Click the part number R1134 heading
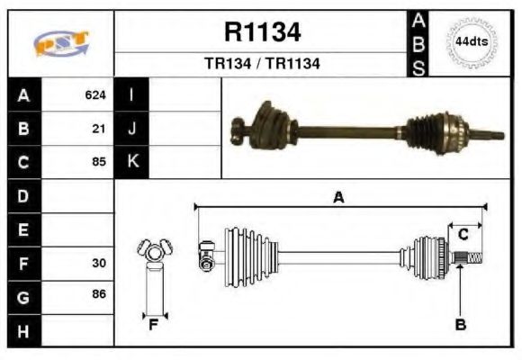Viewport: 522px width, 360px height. tap(262, 33)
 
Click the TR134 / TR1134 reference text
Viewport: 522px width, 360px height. tap(262, 64)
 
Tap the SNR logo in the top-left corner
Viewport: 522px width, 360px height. tap(61, 43)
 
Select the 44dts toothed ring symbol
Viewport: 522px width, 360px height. tap(472, 42)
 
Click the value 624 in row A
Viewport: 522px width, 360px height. tap(94, 94)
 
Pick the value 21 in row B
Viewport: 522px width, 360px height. tap(100, 129)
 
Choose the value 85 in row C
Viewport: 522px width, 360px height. tap(99, 163)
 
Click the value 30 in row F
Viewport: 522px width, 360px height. tap(99, 264)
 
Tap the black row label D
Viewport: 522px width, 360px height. tap(23, 196)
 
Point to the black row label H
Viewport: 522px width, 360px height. tap(23, 330)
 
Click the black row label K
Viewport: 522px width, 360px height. tap(132, 162)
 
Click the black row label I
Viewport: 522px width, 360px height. tap(132, 94)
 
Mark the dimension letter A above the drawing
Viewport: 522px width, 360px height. tap(339, 197)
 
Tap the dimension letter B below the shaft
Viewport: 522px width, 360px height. tap(460, 325)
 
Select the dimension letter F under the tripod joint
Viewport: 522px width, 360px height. tap(154, 322)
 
